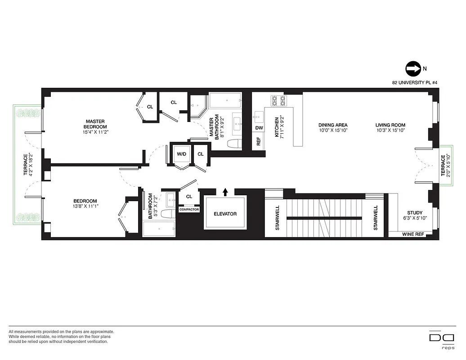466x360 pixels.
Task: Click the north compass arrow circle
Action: (x=412, y=69)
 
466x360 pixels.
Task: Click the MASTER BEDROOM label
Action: (x=95, y=124)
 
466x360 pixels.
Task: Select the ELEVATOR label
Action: (x=225, y=214)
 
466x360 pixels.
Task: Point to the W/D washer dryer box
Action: (x=181, y=154)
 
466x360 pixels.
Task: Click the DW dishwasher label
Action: (x=259, y=128)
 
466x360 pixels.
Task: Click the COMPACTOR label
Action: (x=189, y=210)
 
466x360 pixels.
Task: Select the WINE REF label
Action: (x=413, y=234)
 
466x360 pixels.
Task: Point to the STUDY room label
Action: (x=415, y=213)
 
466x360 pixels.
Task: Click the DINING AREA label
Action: (x=333, y=125)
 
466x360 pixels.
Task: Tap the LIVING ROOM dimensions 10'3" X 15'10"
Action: (x=390, y=131)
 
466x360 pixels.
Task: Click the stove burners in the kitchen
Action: (x=279, y=101)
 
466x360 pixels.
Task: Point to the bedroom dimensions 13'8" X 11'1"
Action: (x=85, y=206)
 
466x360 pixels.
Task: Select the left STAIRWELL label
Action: (x=278, y=218)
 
